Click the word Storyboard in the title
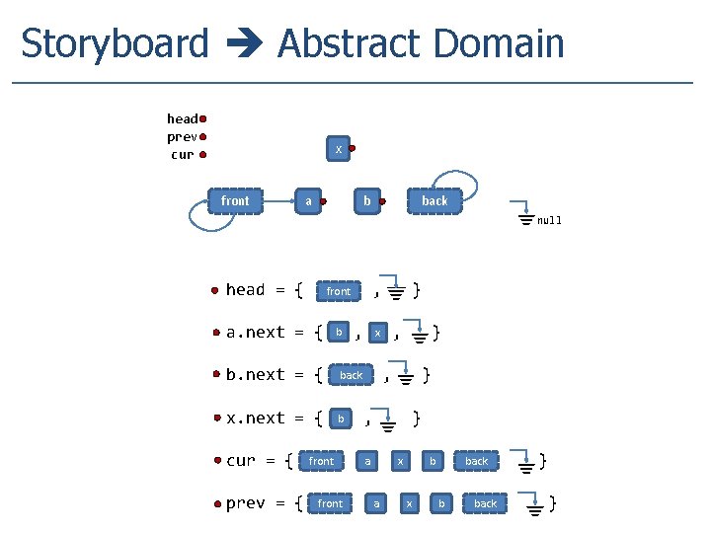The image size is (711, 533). (x=115, y=44)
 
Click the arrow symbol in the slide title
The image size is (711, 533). (x=243, y=45)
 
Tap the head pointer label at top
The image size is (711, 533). (x=182, y=119)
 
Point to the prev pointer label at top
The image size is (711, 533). (x=182, y=137)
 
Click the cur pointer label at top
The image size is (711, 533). (x=182, y=155)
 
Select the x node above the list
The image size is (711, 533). (x=338, y=149)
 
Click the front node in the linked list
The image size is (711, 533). (x=235, y=201)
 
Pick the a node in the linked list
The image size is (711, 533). (x=308, y=201)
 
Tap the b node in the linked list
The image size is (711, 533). (x=366, y=201)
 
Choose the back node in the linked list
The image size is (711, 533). (x=434, y=201)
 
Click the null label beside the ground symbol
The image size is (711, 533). (x=549, y=221)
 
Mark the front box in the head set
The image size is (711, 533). (x=338, y=291)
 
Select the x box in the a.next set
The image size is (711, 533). (x=377, y=334)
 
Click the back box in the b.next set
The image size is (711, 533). (x=351, y=375)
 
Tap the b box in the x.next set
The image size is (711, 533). (x=340, y=419)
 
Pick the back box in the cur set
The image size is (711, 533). (x=476, y=461)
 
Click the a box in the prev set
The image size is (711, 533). (x=375, y=503)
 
